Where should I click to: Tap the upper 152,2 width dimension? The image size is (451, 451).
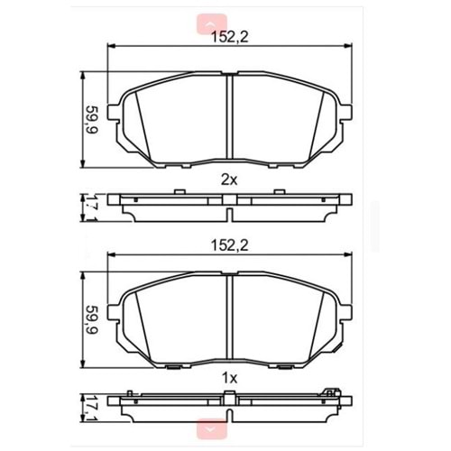(x=230, y=37)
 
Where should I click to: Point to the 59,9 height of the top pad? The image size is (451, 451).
(x=90, y=117)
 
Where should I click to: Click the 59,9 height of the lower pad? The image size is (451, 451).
(x=90, y=321)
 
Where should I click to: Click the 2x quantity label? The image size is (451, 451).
(x=229, y=179)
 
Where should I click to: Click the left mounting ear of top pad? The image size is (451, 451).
(x=114, y=113)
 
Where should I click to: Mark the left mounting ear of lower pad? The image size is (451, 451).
(x=114, y=317)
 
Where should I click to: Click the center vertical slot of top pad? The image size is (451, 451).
(x=230, y=117)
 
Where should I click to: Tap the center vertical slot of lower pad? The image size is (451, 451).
(x=230, y=321)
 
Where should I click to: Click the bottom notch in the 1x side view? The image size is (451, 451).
(x=230, y=417)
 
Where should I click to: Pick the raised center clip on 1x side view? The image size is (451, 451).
(x=230, y=392)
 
